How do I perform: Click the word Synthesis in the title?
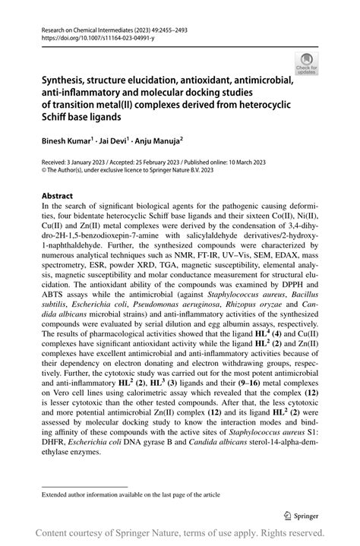[x=65, y=77]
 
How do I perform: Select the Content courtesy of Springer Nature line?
[x=180, y=535]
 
